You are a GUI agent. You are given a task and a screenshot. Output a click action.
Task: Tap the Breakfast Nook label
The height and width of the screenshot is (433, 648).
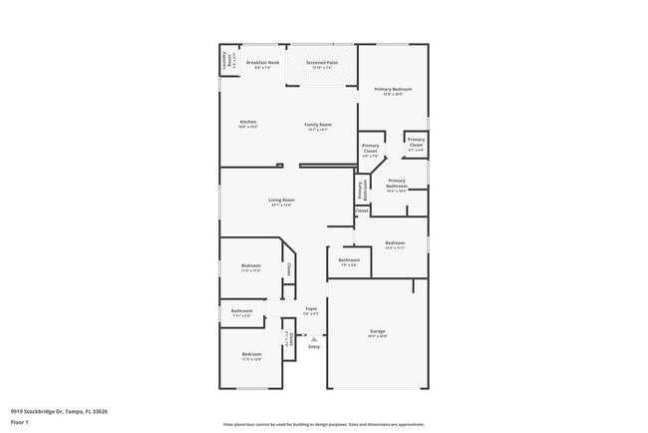point(262,63)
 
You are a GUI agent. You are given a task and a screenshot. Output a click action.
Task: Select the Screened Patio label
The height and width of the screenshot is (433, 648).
point(320,63)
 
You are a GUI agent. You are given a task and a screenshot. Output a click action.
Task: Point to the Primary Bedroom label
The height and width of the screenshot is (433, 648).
point(393,90)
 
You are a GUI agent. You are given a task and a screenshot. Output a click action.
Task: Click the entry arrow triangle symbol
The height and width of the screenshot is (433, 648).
point(313,339)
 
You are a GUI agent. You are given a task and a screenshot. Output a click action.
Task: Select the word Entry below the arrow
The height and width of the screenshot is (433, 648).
point(314,347)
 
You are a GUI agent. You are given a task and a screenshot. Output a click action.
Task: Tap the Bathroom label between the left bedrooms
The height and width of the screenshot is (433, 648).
point(242,311)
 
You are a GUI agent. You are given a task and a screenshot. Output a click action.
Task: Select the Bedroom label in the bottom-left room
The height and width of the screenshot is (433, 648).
point(251,354)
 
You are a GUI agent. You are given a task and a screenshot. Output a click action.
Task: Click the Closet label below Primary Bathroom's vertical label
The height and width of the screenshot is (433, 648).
point(362,211)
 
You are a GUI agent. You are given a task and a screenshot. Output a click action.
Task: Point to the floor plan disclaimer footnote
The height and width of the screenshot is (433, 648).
point(323,424)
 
